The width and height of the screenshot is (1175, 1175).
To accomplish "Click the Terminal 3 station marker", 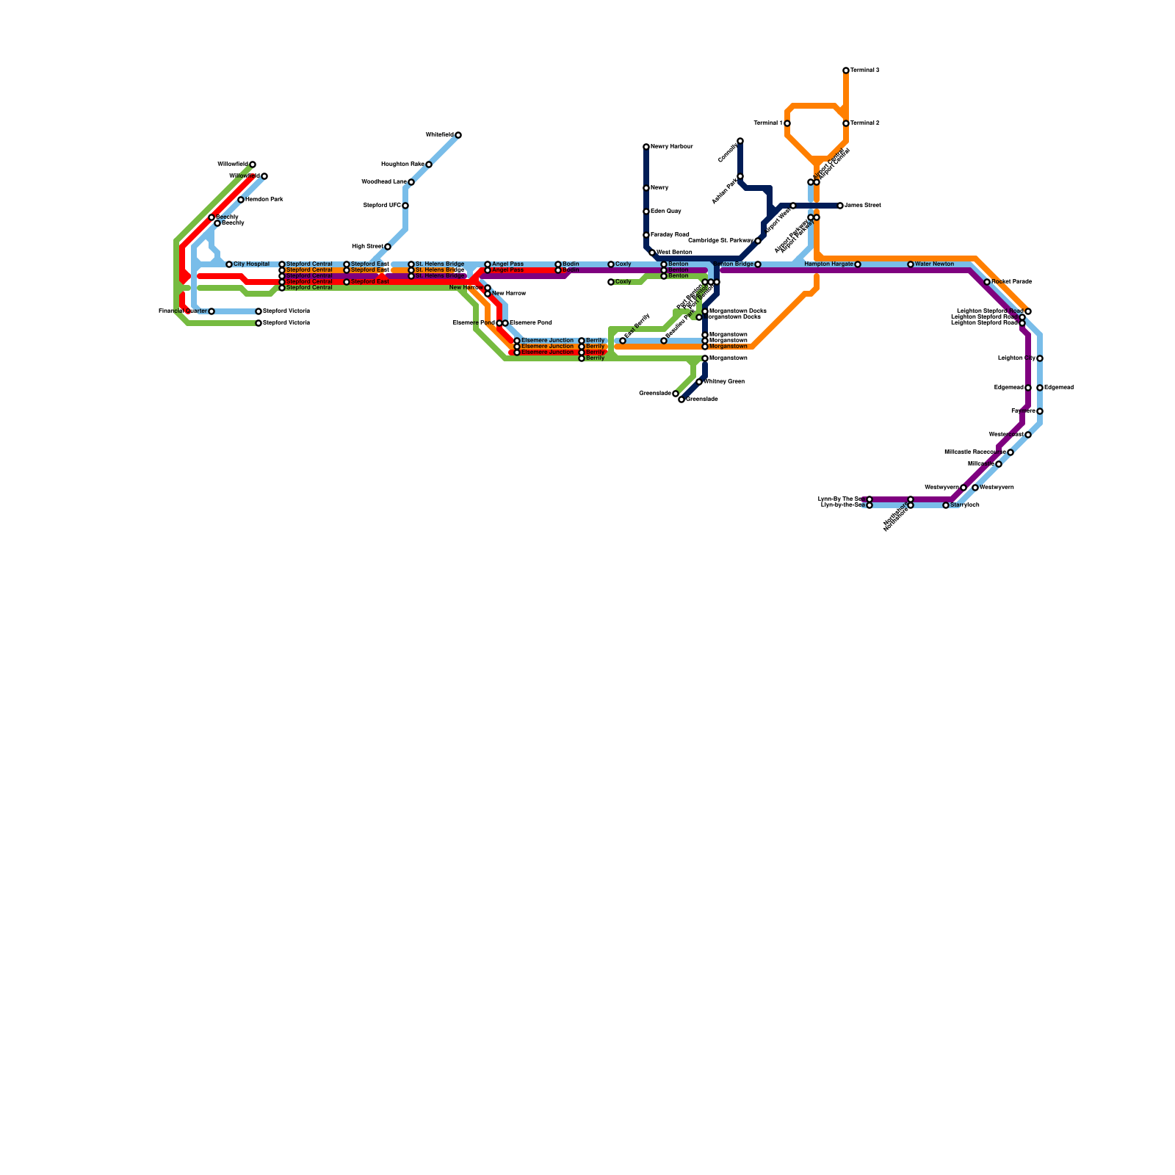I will pos(846,70).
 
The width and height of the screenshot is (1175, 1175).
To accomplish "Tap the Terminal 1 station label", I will pos(767,123).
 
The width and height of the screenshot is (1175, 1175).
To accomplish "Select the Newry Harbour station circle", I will pos(646,147).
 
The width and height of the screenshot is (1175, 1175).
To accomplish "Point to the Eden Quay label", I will pos(666,211).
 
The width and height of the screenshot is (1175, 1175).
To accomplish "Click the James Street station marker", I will pos(840,206).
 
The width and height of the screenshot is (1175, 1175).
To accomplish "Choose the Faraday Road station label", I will pos(670,235).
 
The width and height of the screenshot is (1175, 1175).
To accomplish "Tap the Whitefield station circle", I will pos(458,135).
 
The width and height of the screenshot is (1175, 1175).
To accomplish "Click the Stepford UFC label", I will pos(382,206).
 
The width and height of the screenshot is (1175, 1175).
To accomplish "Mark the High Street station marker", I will pos(388,247).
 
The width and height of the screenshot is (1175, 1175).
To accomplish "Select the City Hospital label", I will pos(252,264).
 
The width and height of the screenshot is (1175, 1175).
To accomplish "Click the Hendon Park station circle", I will pos(241,200).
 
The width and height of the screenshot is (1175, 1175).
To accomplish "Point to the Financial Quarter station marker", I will pos(211,311).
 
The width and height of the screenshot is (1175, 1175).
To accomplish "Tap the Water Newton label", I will pos(935,264).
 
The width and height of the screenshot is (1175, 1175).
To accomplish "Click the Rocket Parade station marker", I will pos(987,282).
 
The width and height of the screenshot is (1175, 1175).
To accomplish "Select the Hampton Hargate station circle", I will pos(858,264).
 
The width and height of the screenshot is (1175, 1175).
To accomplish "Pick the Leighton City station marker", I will pos(1040,358).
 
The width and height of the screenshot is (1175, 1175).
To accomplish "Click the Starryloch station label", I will pos(965,505).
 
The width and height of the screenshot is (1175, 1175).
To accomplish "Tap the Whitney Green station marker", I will pos(699,382).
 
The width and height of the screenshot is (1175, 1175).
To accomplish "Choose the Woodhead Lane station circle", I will pos(411,182).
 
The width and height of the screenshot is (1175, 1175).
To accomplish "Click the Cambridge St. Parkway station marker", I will pos(758,241).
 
